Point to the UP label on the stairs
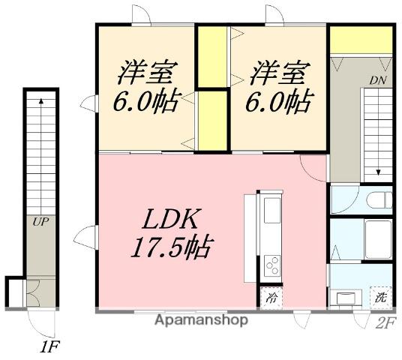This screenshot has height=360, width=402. [x=39, y=221]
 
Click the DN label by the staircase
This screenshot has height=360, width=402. [x=376, y=80]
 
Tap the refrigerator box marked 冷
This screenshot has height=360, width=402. [x=271, y=297]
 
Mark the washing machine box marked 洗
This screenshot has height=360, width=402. [x=381, y=296]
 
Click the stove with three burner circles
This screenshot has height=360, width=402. [x=272, y=264]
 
